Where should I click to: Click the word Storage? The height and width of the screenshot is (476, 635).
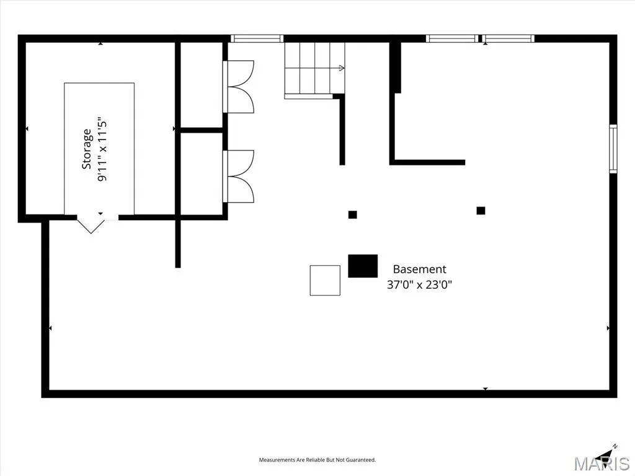[x=87, y=149]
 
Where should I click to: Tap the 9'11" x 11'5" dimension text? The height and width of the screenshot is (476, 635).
[x=102, y=151]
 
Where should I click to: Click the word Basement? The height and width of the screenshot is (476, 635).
[x=420, y=269]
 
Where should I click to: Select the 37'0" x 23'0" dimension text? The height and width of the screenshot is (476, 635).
[x=420, y=284]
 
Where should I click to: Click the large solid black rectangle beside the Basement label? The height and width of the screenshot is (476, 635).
[x=363, y=266]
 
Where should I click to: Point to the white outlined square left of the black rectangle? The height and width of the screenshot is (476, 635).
[x=325, y=281]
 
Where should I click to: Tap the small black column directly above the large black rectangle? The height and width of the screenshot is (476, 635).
[x=353, y=214]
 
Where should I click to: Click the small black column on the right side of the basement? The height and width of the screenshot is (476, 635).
[x=481, y=211]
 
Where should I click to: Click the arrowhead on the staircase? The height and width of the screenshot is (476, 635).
[x=342, y=68]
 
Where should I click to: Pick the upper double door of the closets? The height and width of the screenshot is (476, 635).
[x=239, y=87]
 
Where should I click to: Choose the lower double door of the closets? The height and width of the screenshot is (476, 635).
[x=239, y=177]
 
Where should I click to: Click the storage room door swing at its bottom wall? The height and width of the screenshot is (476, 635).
[x=91, y=224]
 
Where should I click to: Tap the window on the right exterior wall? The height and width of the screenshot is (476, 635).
[x=613, y=149]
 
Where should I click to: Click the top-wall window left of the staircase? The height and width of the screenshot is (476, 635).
[x=257, y=38]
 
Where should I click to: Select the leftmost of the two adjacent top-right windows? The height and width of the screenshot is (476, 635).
[x=452, y=38]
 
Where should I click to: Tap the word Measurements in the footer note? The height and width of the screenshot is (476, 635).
[x=277, y=460]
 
